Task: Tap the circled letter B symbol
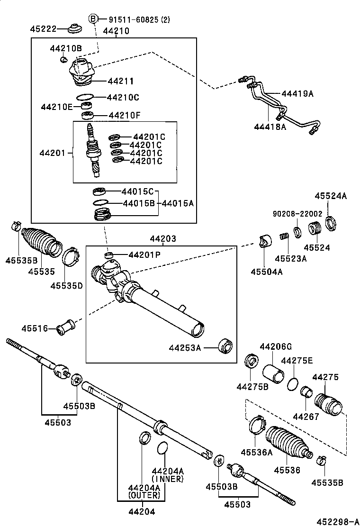point(93,19)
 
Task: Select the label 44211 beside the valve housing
point(121,81)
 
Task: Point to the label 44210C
point(123,98)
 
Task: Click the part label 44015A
point(178,203)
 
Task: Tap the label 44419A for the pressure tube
point(297,93)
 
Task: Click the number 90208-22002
point(297,214)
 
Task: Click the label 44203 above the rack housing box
point(163,239)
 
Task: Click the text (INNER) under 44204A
point(167,479)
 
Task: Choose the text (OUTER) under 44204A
point(144,495)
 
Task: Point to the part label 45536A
point(257,452)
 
